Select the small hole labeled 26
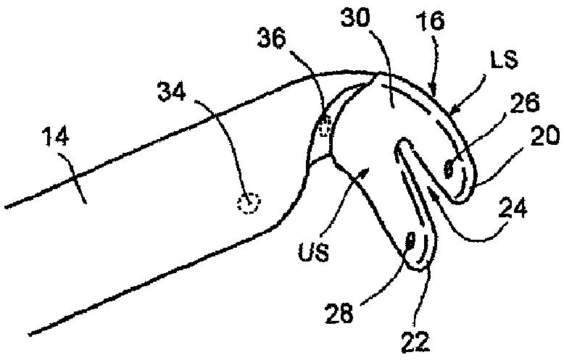pyautogui.click(x=447, y=169)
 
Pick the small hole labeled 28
pyautogui.click(x=410, y=240)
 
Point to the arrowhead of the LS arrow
pyautogui.click(x=454, y=114)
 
